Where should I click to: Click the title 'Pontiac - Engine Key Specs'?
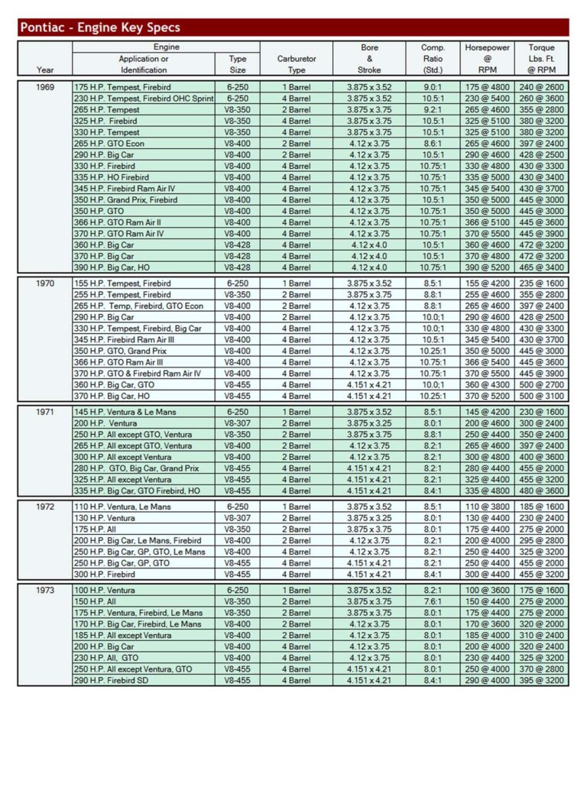coord(100,28)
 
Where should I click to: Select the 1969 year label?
coord(45,87)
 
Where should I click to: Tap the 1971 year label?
coord(45,412)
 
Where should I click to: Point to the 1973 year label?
coord(45,590)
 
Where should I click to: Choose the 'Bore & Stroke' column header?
coord(369,59)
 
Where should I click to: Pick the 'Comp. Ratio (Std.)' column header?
coord(433,59)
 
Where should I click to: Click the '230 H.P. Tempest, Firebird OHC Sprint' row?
coord(144,99)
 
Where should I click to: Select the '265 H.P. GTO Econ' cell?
coord(109,144)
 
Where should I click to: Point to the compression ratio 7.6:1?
coord(433,601)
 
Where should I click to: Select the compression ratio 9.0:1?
coord(433,87)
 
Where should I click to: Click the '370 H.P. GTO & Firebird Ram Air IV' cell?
coord(138,374)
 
